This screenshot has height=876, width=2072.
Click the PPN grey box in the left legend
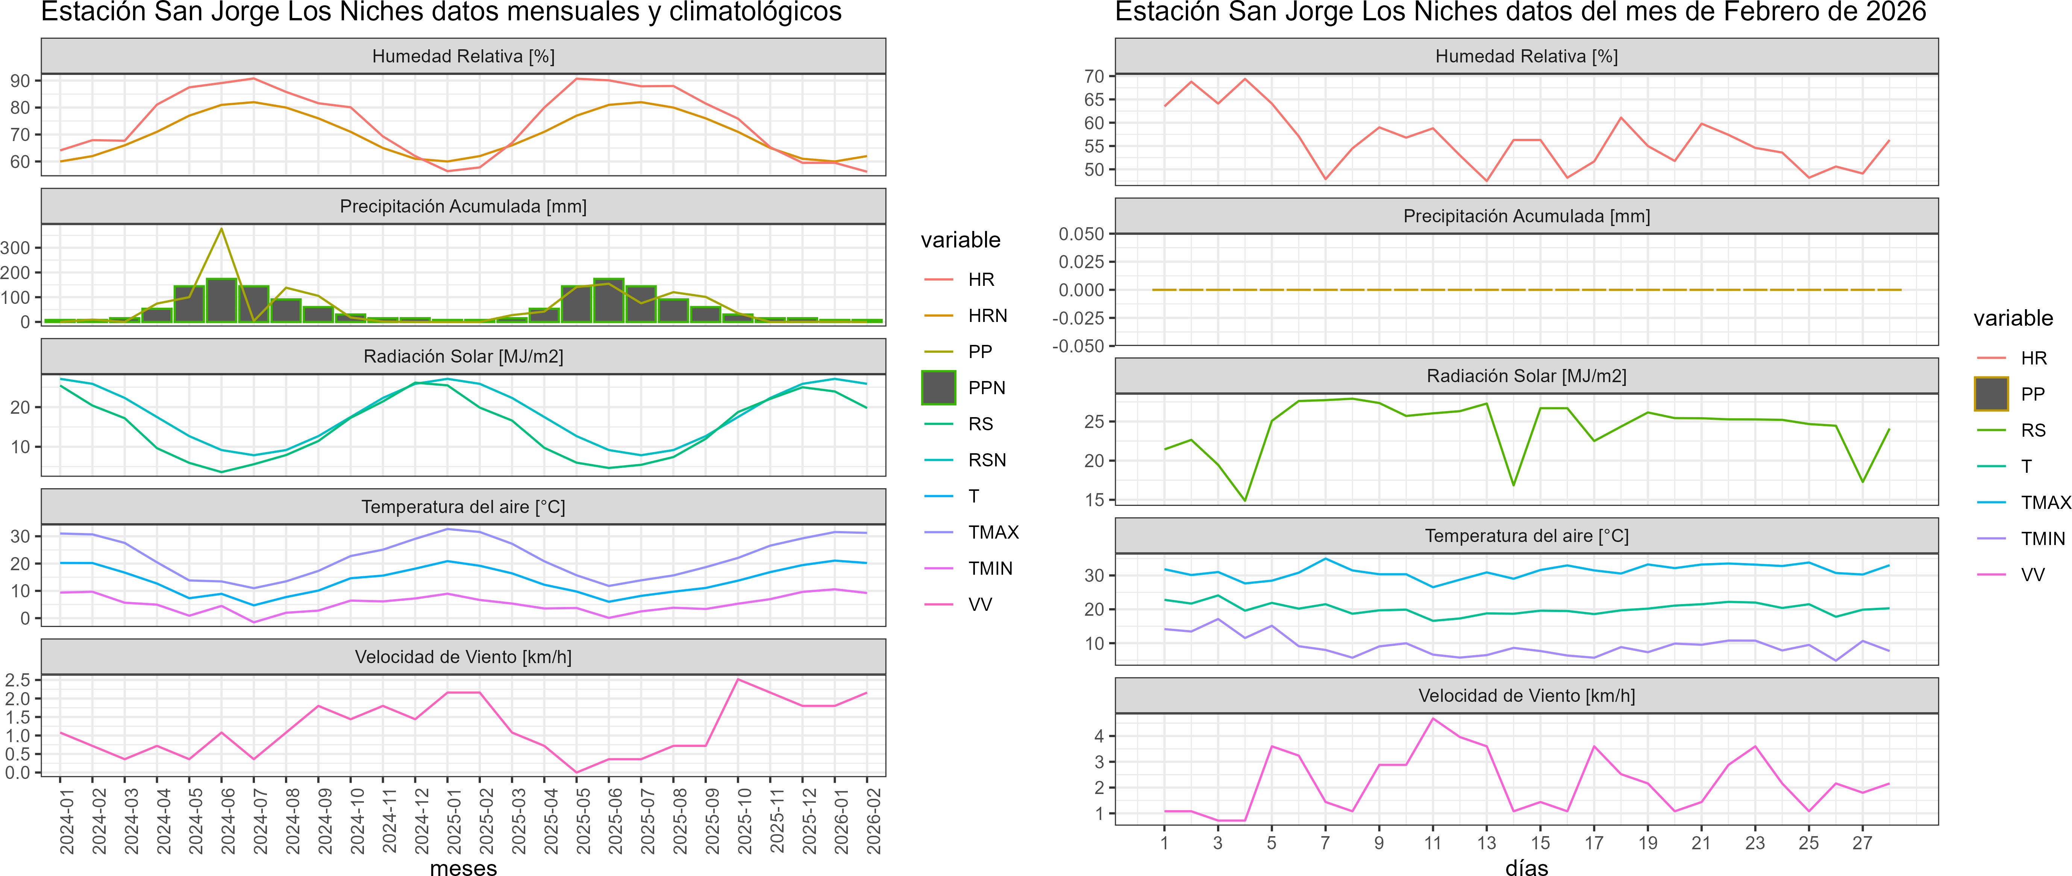[x=939, y=388]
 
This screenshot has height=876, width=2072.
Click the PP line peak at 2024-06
[x=222, y=229]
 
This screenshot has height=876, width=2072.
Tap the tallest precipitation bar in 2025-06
[x=609, y=299]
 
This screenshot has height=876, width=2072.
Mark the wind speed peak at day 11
[x=1432, y=718]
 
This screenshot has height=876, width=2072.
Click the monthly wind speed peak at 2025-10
[x=738, y=680]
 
